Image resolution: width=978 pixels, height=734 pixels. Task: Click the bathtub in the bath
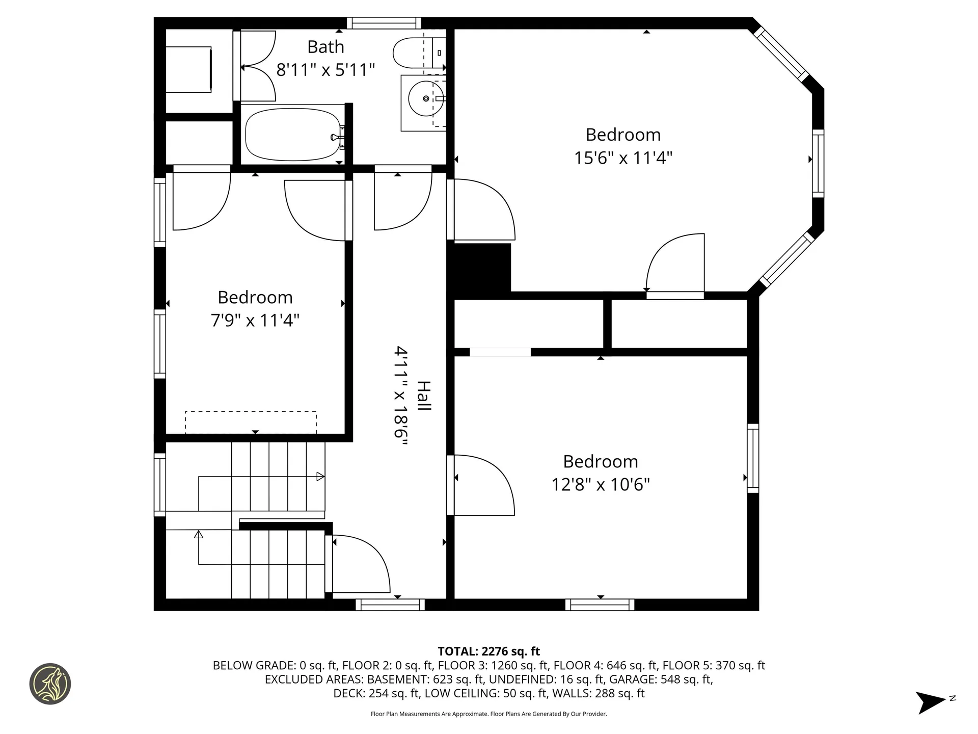(292, 134)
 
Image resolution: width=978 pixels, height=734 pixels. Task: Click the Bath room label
(325, 47)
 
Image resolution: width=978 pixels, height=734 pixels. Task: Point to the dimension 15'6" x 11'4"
(623, 158)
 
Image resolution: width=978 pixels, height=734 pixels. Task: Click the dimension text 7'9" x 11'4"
(255, 321)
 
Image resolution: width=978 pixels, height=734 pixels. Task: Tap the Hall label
(424, 396)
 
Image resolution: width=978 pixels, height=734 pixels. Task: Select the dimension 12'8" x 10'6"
(600, 484)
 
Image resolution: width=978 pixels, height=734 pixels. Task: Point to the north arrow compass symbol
(931, 702)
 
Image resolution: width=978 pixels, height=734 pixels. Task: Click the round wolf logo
(50, 684)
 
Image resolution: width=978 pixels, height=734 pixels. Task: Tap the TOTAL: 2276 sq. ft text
(488, 651)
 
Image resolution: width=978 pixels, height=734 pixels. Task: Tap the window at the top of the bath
(384, 23)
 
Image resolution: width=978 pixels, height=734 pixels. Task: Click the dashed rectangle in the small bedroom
(251, 422)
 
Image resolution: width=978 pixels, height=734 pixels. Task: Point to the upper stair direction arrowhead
(320, 477)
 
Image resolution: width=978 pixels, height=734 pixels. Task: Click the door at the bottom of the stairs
(359, 564)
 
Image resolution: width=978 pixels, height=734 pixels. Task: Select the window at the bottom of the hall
(390, 605)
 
